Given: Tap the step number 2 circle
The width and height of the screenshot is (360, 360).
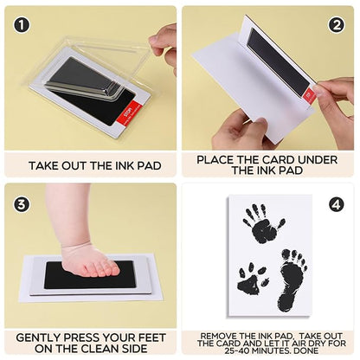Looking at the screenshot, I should click(337, 25).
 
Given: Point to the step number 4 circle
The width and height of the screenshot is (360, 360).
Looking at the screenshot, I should click(337, 205).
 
